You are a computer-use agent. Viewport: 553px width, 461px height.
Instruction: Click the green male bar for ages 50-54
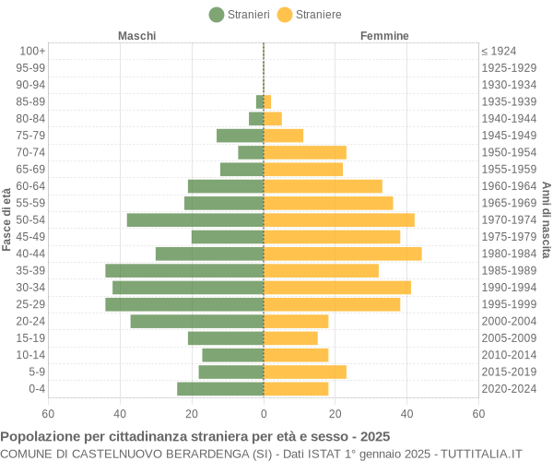click(195, 219)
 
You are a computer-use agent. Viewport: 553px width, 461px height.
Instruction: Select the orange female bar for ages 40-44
click(342, 254)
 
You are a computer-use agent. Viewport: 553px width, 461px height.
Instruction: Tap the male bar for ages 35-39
click(184, 270)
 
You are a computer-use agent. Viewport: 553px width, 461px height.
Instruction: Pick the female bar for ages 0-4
click(296, 389)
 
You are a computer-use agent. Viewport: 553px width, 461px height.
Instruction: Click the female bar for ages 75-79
click(283, 136)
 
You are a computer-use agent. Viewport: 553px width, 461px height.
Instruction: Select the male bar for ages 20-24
click(196, 321)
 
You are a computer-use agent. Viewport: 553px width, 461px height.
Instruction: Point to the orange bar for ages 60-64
click(323, 186)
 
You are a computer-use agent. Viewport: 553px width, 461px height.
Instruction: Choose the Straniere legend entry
click(309, 15)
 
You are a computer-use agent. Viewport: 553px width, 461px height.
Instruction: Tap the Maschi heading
click(136, 36)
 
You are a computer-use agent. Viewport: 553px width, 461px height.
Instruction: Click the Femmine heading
click(384, 36)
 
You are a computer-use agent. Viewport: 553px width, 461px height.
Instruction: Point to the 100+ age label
click(32, 51)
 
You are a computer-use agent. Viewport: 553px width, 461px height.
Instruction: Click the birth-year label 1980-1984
click(509, 254)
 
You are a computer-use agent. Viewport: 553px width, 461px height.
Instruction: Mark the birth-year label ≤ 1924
click(499, 51)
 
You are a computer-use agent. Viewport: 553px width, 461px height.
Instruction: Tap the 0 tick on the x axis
click(264, 414)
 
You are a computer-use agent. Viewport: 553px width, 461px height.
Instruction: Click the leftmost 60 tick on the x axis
click(48, 414)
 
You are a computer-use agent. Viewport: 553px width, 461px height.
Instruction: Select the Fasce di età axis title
click(6, 219)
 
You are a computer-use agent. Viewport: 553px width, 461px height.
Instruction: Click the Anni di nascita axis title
click(546, 219)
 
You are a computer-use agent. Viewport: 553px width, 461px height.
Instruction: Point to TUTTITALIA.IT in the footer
click(481, 453)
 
